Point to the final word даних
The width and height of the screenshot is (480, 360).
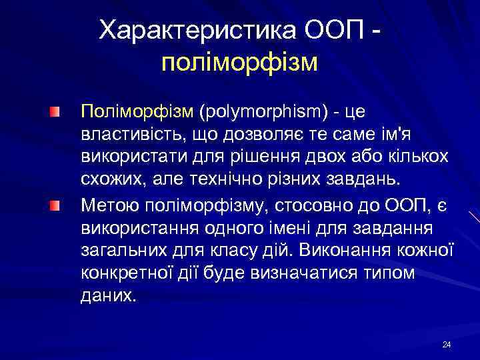[x=108, y=297]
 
